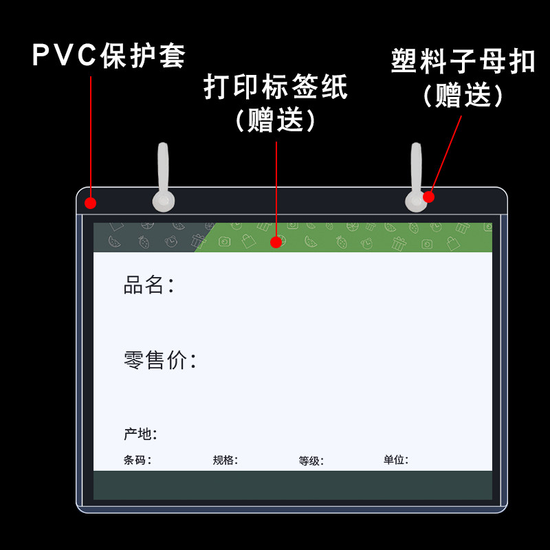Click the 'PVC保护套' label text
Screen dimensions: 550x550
pyautogui.click(x=109, y=56)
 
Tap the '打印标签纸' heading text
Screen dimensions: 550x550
pyautogui.click(x=276, y=88)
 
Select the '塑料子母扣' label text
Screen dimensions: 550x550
pyautogui.click(x=463, y=61)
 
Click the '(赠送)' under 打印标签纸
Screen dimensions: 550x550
pyautogui.click(x=276, y=121)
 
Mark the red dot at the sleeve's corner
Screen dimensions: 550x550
pyautogui.click(x=91, y=203)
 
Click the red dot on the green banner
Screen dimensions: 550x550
pyautogui.click(x=276, y=241)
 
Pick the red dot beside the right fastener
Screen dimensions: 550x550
pyautogui.click(x=428, y=197)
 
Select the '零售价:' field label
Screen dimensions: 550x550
pyautogui.click(x=160, y=360)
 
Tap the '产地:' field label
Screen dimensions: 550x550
pyautogui.click(x=140, y=434)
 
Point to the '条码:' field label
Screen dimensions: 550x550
pyautogui.click(x=137, y=461)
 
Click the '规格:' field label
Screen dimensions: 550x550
pyautogui.click(x=225, y=461)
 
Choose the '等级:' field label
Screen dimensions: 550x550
pyautogui.click(x=311, y=461)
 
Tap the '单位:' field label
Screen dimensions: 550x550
pyautogui.click(x=396, y=461)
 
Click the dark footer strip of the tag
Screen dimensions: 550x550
pyautogui.click(x=293, y=485)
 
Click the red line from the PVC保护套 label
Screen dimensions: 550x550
pyautogui.click(x=91, y=137)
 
